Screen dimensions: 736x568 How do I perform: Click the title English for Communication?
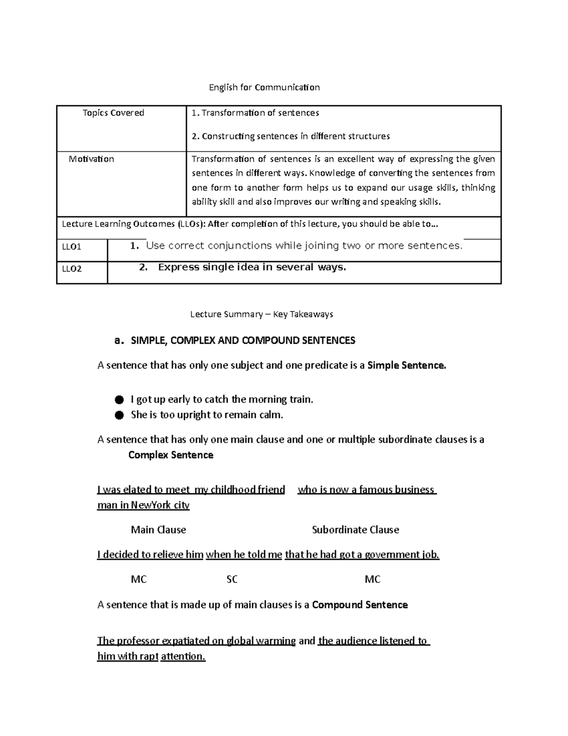tap(265, 87)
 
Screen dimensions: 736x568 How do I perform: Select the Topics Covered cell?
tap(114, 113)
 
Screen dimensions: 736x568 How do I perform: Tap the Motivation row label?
tap(91, 159)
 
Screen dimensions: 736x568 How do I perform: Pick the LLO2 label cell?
tap(72, 269)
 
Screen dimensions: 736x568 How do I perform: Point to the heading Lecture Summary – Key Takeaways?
tap(261, 314)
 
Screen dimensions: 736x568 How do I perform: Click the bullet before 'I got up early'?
tap(119, 400)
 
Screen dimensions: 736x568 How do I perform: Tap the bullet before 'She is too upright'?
tap(119, 415)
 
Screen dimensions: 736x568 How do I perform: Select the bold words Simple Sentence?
tap(407, 365)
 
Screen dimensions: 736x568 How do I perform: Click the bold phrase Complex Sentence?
tap(171, 455)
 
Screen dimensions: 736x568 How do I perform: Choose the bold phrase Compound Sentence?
tap(360, 605)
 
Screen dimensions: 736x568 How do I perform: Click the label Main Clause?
tap(158, 530)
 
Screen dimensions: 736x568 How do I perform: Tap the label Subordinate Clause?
tap(355, 530)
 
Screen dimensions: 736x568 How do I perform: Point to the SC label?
tap(232, 579)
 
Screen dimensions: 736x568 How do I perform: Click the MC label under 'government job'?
tap(373, 579)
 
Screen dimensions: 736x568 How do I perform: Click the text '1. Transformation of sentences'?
tap(255, 113)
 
